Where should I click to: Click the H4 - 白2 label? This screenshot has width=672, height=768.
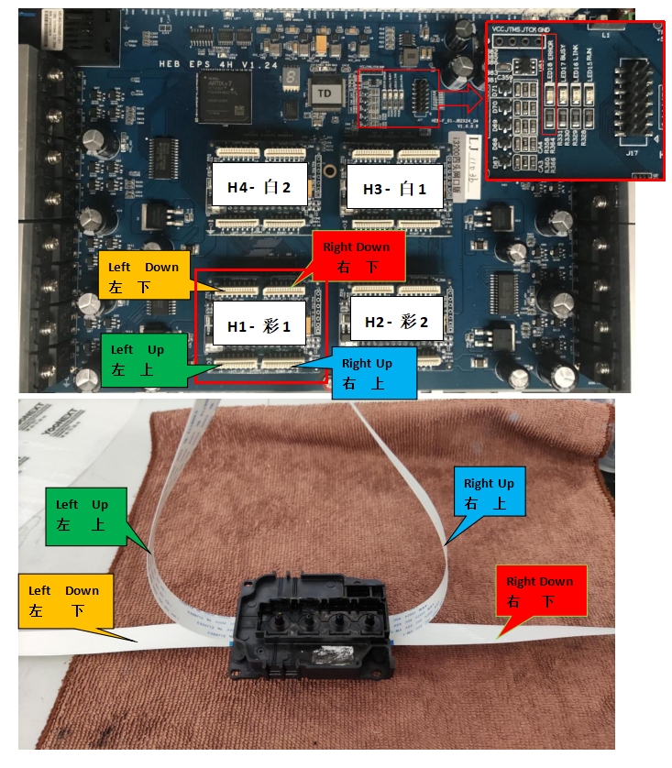[259, 188]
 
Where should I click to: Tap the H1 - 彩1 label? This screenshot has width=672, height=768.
[259, 325]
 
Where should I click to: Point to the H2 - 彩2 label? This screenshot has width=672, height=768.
[396, 323]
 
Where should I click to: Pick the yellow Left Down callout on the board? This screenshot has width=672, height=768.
[141, 274]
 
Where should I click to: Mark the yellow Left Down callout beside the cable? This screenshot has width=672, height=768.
[63, 600]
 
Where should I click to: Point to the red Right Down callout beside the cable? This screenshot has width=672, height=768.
[538, 590]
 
